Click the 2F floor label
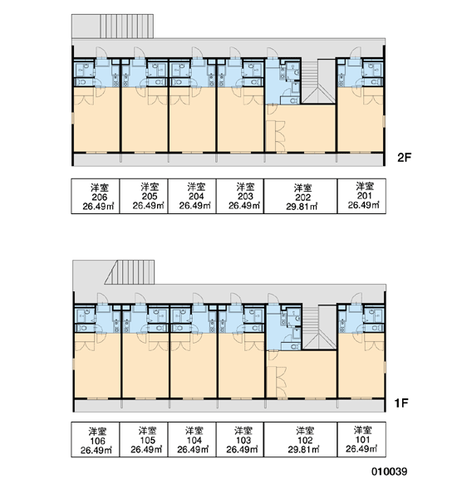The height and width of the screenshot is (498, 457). coord(404,158)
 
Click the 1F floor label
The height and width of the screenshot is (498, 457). coord(401,403)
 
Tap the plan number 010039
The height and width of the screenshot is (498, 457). coord(389,471)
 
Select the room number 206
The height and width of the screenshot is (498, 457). coord(100,197)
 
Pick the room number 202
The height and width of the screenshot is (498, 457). coord(302,198)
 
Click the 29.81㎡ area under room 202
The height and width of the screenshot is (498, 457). coord(302,207)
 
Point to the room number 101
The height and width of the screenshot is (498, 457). coord(362,440)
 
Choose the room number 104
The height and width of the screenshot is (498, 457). coord(194,441)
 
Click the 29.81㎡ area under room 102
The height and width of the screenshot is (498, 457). coord(304,450)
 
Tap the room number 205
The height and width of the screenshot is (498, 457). coord(150,196)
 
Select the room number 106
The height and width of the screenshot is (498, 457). coord(97,442)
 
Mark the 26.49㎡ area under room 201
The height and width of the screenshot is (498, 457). coord(363,205)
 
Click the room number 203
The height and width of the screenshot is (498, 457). coord(245,196)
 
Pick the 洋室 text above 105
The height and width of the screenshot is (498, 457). coord(148,432)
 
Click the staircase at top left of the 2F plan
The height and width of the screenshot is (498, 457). coord(127,26)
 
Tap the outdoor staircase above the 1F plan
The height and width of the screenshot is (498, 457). coord(130,272)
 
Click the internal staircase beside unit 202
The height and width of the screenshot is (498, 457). coord(318,81)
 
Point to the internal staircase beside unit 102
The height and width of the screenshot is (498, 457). coord(319,328)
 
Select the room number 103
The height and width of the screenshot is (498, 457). coord(243,441)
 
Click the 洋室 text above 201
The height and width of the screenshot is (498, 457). coord(365,186)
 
